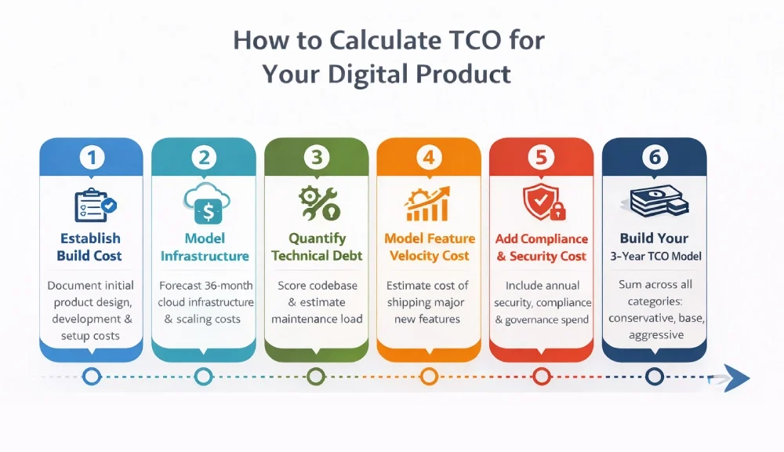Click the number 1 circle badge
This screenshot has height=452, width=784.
coord(92,158)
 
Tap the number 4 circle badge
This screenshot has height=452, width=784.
coord(429,158)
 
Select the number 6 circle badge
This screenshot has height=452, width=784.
coord(654,158)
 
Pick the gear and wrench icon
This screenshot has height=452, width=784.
coord(318,203)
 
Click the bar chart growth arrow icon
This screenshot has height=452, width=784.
coord(428,203)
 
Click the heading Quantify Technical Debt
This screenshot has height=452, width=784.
coord(317,247)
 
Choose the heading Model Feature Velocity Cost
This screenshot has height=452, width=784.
coord(429,247)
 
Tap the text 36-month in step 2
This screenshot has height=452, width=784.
coord(228,286)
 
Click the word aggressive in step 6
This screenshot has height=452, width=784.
coord(655,336)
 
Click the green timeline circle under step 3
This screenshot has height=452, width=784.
coord(316,377)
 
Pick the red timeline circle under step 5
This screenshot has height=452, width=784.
coord(542,377)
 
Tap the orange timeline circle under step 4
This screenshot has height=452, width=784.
coord(429,377)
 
